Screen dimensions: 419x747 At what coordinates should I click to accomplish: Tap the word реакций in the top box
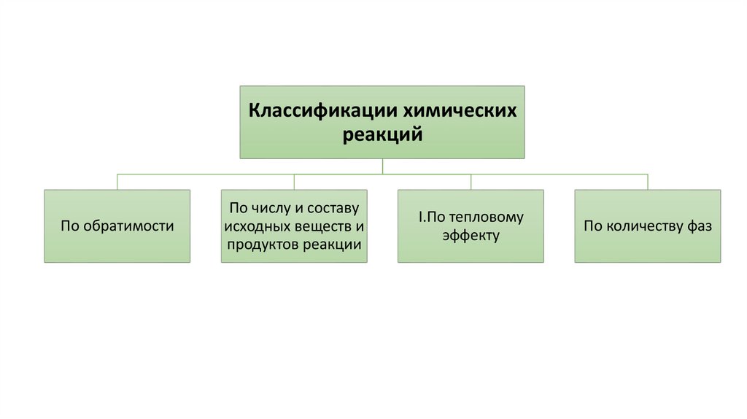(x=382, y=134)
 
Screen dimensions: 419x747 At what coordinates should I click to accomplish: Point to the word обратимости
(x=128, y=226)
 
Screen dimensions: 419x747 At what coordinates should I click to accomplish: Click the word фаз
(x=697, y=226)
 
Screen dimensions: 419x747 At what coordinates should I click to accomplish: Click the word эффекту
(x=470, y=236)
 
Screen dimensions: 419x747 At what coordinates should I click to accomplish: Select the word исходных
(x=254, y=226)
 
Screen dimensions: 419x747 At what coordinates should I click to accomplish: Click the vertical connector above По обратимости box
(x=117, y=182)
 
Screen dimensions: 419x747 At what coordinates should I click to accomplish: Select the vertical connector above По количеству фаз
(x=647, y=182)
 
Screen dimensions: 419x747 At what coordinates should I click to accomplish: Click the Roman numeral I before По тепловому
(x=420, y=217)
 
